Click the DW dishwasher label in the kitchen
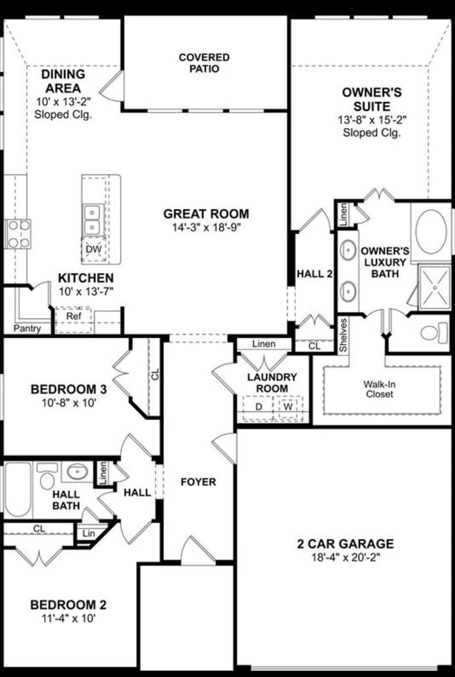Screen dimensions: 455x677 [94, 249]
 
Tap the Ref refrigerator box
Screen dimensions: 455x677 [74, 319]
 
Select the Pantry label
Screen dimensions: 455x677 [27, 329]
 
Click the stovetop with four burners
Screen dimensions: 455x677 [18, 233]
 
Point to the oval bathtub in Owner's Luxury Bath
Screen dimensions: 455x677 [431, 231]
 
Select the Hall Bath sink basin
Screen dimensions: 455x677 [78, 471]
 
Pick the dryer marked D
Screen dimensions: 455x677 [258, 407]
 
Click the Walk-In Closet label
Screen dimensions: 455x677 [379, 389]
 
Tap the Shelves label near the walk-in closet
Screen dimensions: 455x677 [343, 335]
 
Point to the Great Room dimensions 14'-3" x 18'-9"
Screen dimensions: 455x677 [206, 227]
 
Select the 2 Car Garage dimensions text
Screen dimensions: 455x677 [345, 557]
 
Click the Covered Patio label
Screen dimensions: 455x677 [204, 63]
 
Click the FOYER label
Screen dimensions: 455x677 [198, 482]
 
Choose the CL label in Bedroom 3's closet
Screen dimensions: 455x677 [155, 374]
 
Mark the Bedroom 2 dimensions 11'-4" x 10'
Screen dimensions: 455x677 [69, 619]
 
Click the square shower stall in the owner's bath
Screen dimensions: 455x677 [435, 287]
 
